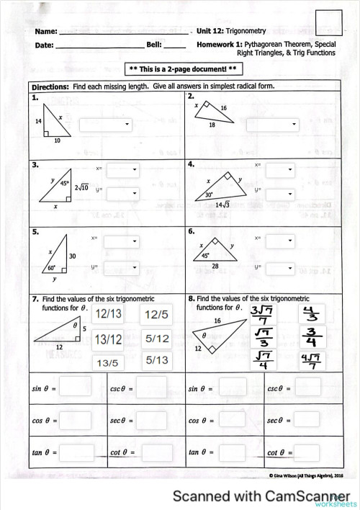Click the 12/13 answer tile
pos(109,314)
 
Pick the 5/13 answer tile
pos(157,359)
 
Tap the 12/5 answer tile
pos(156,314)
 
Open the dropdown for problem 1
pos(106,125)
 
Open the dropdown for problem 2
pos(272,125)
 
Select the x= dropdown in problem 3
pos(122,171)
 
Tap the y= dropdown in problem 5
pos(120,267)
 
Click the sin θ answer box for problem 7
pos(80,388)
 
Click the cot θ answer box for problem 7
pos(157,452)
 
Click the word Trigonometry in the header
pos(247,31)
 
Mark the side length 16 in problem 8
pos(217,319)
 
